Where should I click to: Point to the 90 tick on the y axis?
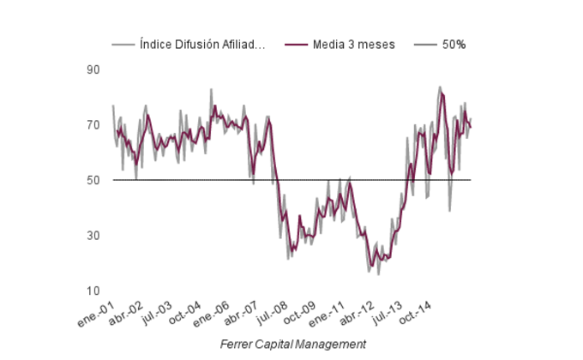pos(94,70)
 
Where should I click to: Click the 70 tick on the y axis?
pos(94,125)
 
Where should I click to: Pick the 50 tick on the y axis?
pos(94,180)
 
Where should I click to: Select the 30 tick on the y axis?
pos(94,236)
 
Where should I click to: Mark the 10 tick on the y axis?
pos(94,291)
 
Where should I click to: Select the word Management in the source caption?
pos(333,344)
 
